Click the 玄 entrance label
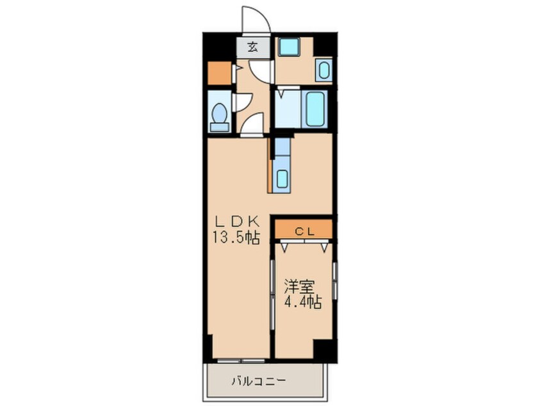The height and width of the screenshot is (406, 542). [x=252, y=47]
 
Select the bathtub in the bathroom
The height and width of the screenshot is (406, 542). [x=315, y=108]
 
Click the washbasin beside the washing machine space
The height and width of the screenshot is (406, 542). [x=324, y=70]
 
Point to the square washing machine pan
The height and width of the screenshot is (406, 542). [x=289, y=47]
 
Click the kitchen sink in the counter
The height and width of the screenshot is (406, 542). [x=282, y=178]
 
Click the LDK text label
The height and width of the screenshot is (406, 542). [x=237, y=220]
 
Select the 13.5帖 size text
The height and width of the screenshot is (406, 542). [x=236, y=238]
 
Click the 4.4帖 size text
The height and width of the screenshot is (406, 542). [x=303, y=302]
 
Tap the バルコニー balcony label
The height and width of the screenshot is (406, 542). [x=259, y=381]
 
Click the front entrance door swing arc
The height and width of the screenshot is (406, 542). [x=261, y=14]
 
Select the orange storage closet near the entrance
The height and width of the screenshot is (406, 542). [x=219, y=73]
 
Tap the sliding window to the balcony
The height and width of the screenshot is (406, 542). [x=241, y=361]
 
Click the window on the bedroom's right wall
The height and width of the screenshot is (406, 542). [x=334, y=281]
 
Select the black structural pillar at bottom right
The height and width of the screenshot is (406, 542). [x=325, y=350]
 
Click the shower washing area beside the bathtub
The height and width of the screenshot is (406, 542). [x=288, y=108]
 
